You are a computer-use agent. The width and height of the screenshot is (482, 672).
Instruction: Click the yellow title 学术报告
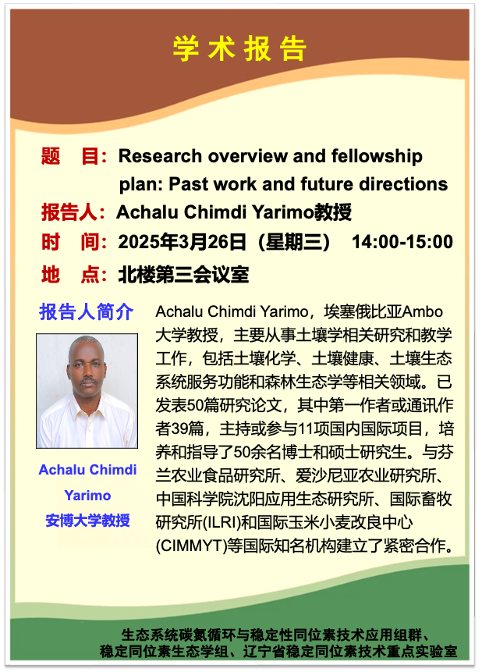[x=239, y=49]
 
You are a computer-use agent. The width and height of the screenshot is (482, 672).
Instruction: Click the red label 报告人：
[x=73, y=212]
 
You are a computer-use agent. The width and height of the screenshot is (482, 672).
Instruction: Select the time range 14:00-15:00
[x=402, y=242]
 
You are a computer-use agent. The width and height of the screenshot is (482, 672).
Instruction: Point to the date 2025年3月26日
[x=182, y=242]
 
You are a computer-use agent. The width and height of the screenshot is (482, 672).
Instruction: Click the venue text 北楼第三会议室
[x=184, y=275]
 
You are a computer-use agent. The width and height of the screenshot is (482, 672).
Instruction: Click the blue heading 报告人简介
[x=86, y=311]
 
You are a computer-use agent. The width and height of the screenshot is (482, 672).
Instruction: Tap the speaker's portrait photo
[x=87, y=391]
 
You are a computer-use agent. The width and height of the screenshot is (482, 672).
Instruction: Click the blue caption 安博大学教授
[x=88, y=521]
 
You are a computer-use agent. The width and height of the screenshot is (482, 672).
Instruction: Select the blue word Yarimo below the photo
[x=88, y=496]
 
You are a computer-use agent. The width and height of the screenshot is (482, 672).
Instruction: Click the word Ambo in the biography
[x=422, y=311]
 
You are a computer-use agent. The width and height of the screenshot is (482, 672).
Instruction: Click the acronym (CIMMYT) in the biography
[x=191, y=546]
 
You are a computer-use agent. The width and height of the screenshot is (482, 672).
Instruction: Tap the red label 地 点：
[x=73, y=275]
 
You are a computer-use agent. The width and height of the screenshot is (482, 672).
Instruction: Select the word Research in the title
[x=160, y=156]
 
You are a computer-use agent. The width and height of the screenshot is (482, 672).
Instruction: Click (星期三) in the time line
[x=294, y=242]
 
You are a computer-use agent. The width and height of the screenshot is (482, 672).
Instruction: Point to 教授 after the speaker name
[x=333, y=212]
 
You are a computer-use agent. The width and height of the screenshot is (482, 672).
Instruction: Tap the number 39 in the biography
[x=179, y=428]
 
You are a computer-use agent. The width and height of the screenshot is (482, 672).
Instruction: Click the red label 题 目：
[x=73, y=156]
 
